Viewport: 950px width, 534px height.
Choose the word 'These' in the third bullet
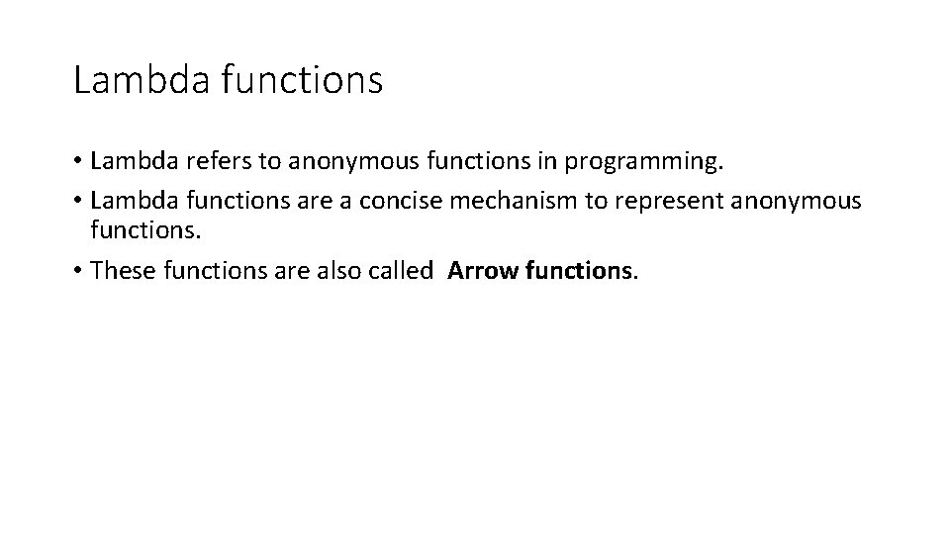tap(120, 270)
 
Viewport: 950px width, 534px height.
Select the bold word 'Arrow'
tap(481, 270)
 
